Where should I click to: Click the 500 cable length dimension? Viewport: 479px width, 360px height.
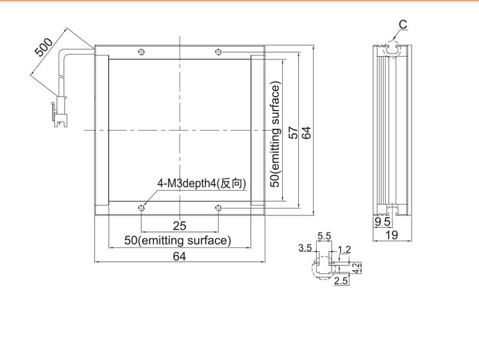(44, 47)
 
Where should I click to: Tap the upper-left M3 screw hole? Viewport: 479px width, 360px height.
(141, 52)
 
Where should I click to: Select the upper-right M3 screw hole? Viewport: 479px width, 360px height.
(218, 52)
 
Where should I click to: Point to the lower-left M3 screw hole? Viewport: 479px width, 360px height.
(141, 208)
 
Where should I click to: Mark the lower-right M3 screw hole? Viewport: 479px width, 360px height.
(218, 208)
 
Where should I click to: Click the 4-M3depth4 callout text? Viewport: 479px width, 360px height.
(201, 183)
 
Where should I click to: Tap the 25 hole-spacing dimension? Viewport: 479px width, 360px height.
(179, 226)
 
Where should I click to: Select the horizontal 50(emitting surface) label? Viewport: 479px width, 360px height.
(177, 241)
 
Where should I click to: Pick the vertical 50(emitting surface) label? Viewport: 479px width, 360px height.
(276, 135)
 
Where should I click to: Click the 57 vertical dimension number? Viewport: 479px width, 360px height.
(293, 133)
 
